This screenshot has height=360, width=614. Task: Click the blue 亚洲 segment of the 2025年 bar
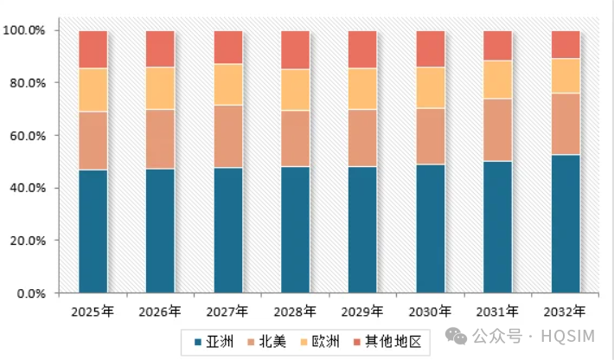click(x=93, y=231)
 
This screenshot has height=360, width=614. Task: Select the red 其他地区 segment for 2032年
click(x=566, y=44)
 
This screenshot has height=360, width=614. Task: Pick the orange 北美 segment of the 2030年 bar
click(x=431, y=136)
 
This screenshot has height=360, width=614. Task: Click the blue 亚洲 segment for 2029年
click(x=362, y=229)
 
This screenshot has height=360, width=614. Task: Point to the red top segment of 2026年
click(x=160, y=48)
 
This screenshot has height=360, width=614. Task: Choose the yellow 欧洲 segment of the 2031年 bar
click(x=497, y=80)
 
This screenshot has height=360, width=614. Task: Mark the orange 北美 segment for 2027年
click(x=228, y=136)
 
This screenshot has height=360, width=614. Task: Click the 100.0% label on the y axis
click(x=26, y=30)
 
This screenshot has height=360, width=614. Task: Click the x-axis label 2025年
click(x=93, y=311)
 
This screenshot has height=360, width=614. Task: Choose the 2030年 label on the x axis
click(x=431, y=311)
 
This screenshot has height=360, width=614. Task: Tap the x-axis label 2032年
click(x=566, y=311)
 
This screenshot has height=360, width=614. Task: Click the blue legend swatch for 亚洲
click(x=198, y=342)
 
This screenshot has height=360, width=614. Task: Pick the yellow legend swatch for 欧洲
click(x=314, y=342)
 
